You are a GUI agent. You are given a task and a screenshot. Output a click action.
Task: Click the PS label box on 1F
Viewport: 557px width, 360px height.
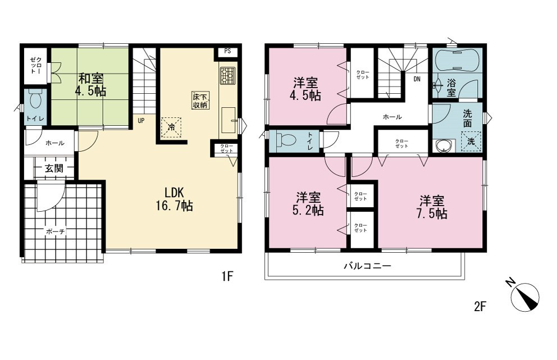[x=227, y=51]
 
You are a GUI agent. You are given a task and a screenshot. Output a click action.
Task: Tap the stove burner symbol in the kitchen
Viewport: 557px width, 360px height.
[x=227, y=76]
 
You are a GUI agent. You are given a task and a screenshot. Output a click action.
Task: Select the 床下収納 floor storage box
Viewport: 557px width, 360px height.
[x=200, y=101]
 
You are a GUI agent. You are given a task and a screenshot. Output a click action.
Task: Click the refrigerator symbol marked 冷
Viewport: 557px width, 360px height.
[x=172, y=127]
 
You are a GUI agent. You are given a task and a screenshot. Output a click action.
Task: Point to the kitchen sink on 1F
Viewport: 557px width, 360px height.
[x=229, y=120]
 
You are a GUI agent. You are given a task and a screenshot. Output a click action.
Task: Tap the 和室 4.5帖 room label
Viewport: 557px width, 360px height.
[x=90, y=85]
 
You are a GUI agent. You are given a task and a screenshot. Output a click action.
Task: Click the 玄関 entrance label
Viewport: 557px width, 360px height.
[x=54, y=168]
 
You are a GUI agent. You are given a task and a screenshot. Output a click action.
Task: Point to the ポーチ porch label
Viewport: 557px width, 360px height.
[x=56, y=232]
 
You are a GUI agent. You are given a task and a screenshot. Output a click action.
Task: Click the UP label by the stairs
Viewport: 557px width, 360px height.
[x=141, y=121]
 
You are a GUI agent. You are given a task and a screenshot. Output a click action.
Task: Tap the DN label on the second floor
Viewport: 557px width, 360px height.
[x=417, y=79]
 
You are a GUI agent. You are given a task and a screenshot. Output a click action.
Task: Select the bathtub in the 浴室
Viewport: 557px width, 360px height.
[x=456, y=61]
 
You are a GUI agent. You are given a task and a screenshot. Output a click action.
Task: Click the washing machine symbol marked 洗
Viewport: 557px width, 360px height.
[x=471, y=142]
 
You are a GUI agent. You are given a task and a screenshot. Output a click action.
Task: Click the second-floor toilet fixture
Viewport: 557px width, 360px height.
[x=287, y=139]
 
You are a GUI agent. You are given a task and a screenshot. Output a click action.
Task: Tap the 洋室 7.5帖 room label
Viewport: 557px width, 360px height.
[x=432, y=207]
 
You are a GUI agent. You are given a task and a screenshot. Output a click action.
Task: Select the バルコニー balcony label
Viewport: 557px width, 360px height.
[x=367, y=266]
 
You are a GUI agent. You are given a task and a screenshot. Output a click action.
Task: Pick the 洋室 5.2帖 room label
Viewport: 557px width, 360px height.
[x=308, y=204]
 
